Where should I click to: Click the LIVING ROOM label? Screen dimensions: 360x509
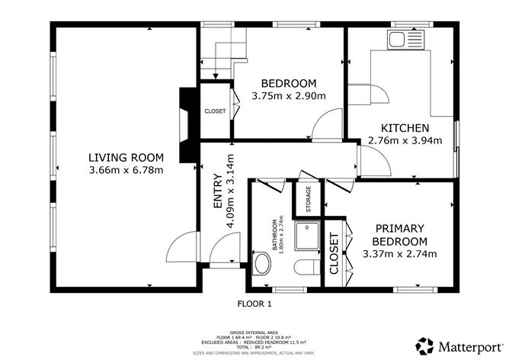pyautogui.click(x=126, y=157)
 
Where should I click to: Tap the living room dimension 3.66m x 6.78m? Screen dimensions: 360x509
pyautogui.click(x=126, y=169)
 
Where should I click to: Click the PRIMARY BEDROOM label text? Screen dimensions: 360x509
pyautogui.click(x=399, y=235)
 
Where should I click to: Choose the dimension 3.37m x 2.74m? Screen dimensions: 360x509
pyautogui.click(x=399, y=253)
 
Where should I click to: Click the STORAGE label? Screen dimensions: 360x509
pyautogui.click(x=309, y=199)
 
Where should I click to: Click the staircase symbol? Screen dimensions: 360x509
pyautogui.click(x=225, y=53)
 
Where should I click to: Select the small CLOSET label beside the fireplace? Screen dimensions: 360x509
pyautogui.click(x=215, y=111)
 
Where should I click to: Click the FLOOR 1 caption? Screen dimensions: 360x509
pyautogui.click(x=254, y=304)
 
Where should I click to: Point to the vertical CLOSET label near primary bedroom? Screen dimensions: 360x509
pyautogui.click(x=334, y=254)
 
